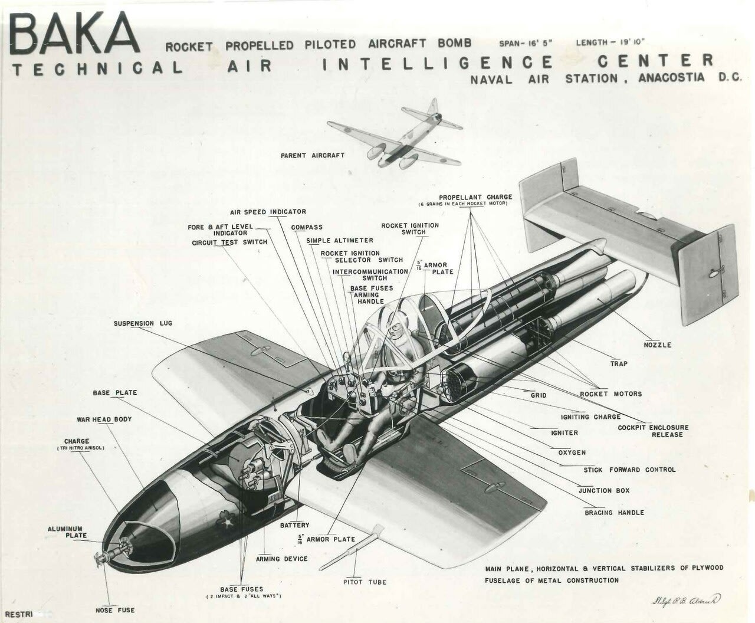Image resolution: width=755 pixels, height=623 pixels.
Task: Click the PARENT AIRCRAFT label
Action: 313,155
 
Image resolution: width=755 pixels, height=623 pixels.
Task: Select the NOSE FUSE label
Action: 115,610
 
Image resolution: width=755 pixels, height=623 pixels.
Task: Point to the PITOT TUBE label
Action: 365,582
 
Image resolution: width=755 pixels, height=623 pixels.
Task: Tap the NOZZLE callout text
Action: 658,345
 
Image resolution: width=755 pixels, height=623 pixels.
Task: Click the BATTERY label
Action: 294,525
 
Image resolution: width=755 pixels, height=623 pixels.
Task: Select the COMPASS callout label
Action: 307,227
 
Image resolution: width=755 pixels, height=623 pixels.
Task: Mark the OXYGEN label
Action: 572,453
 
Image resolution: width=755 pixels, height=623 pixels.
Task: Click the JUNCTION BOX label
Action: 604,490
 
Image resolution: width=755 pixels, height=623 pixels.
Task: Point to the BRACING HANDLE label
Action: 615,513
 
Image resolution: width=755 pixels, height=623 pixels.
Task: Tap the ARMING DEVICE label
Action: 282,559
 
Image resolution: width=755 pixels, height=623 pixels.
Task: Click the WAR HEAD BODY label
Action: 104,419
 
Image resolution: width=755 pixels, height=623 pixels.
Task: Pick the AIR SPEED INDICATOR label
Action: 268,212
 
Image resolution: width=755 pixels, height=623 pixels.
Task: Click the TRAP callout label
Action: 619,363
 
